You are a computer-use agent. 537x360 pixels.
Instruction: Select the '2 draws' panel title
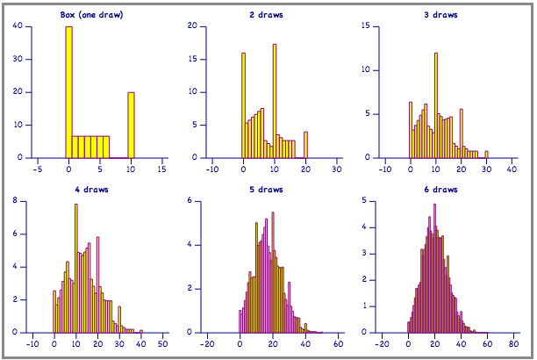274,15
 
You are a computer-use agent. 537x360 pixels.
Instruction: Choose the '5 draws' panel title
274,189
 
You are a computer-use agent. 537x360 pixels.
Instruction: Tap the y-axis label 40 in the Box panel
18,26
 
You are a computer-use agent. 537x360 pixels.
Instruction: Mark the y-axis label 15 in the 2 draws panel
192,59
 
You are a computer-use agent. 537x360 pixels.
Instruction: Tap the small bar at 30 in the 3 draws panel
486,155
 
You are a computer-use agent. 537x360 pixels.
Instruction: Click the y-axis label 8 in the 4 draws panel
18,201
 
